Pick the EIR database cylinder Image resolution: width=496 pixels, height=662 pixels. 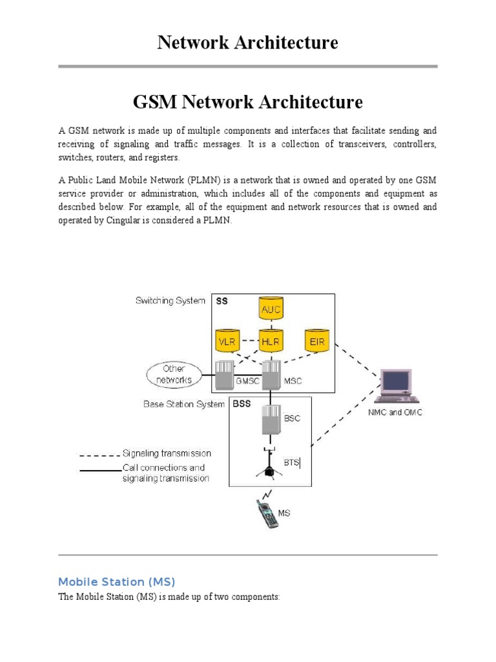pos(317,341)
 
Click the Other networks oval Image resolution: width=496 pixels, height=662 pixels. pos(174,374)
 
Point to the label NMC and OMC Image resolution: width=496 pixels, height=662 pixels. pos(395,412)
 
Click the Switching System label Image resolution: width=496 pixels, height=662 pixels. pos(170,301)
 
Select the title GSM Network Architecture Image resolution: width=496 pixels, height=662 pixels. pos(248,101)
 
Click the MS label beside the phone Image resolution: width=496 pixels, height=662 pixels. pos(284,513)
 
